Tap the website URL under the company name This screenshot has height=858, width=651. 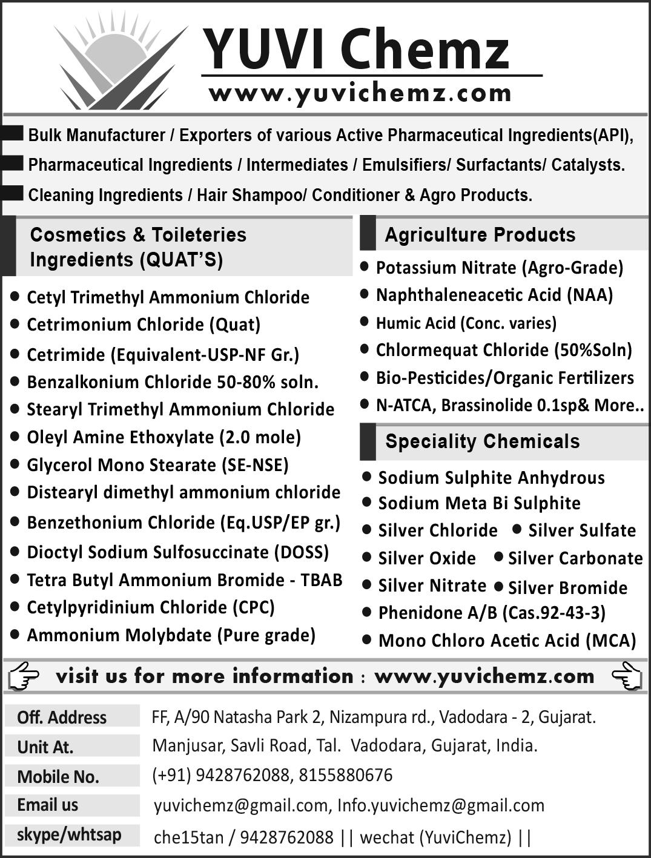pyautogui.click(x=360, y=93)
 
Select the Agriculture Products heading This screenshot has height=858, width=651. pyautogui.click(x=480, y=234)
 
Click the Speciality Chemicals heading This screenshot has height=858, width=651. pyautogui.click(x=482, y=441)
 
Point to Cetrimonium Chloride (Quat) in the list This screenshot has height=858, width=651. pyautogui.click(x=144, y=325)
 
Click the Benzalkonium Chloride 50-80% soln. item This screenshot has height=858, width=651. pyautogui.click(x=173, y=382)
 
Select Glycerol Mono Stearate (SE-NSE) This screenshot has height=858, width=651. pyautogui.click(x=157, y=464)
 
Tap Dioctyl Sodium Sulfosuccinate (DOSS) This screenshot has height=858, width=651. pyautogui.click(x=177, y=552)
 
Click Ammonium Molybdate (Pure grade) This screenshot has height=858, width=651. pyautogui.click(x=171, y=635)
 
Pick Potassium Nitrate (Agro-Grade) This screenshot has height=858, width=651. pyautogui.click(x=499, y=267)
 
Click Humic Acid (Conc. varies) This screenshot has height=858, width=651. pyautogui.click(x=466, y=323)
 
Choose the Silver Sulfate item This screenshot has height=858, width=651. pyautogui.click(x=581, y=530)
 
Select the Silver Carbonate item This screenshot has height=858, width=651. pyautogui.click(x=575, y=558)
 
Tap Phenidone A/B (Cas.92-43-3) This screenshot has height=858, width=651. pyautogui.click(x=491, y=613)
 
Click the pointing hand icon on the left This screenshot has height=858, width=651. pyautogui.click(x=24, y=676)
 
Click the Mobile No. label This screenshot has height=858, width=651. pyautogui.click(x=58, y=776)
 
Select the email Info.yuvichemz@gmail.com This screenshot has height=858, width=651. pyautogui.click(x=440, y=805)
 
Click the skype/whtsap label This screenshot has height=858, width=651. pyautogui.click(x=69, y=834)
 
